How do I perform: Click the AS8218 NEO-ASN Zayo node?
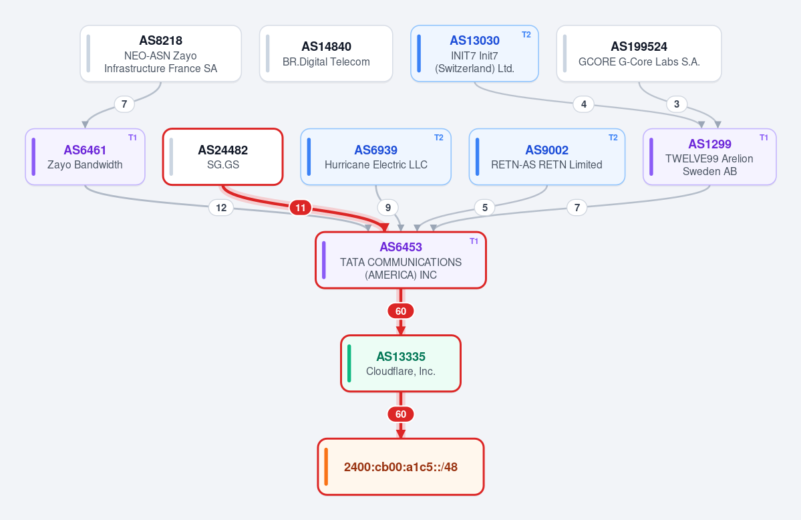(x=160, y=53)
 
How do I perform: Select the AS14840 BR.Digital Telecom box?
(x=326, y=53)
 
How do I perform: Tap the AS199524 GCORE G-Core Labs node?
(x=639, y=53)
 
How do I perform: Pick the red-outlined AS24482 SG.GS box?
(x=222, y=156)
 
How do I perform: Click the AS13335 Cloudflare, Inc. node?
(x=401, y=364)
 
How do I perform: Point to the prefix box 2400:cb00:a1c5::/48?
(x=401, y=467)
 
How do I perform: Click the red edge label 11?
(x=301, y=208)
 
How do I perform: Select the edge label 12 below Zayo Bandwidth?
(x=221, y=208)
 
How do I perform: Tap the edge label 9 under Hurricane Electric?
(x=387, y=208)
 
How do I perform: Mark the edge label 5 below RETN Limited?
(x=485, y=208)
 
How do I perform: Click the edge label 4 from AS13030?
(x=583, y=104)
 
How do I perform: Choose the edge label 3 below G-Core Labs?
(x=676, y=104)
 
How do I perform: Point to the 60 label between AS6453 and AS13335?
(x=401, y=311)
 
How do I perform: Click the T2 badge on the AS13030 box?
(x=526, y=35)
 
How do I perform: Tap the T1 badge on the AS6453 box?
(x=474, y=241)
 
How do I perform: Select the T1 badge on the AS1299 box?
(x=764, y=138)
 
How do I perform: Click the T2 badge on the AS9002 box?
(x=613, y=138)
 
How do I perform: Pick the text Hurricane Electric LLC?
(x=376, y=164)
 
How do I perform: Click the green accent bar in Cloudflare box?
(x=349, y=364)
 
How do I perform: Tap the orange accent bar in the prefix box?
(x=326, y=467)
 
